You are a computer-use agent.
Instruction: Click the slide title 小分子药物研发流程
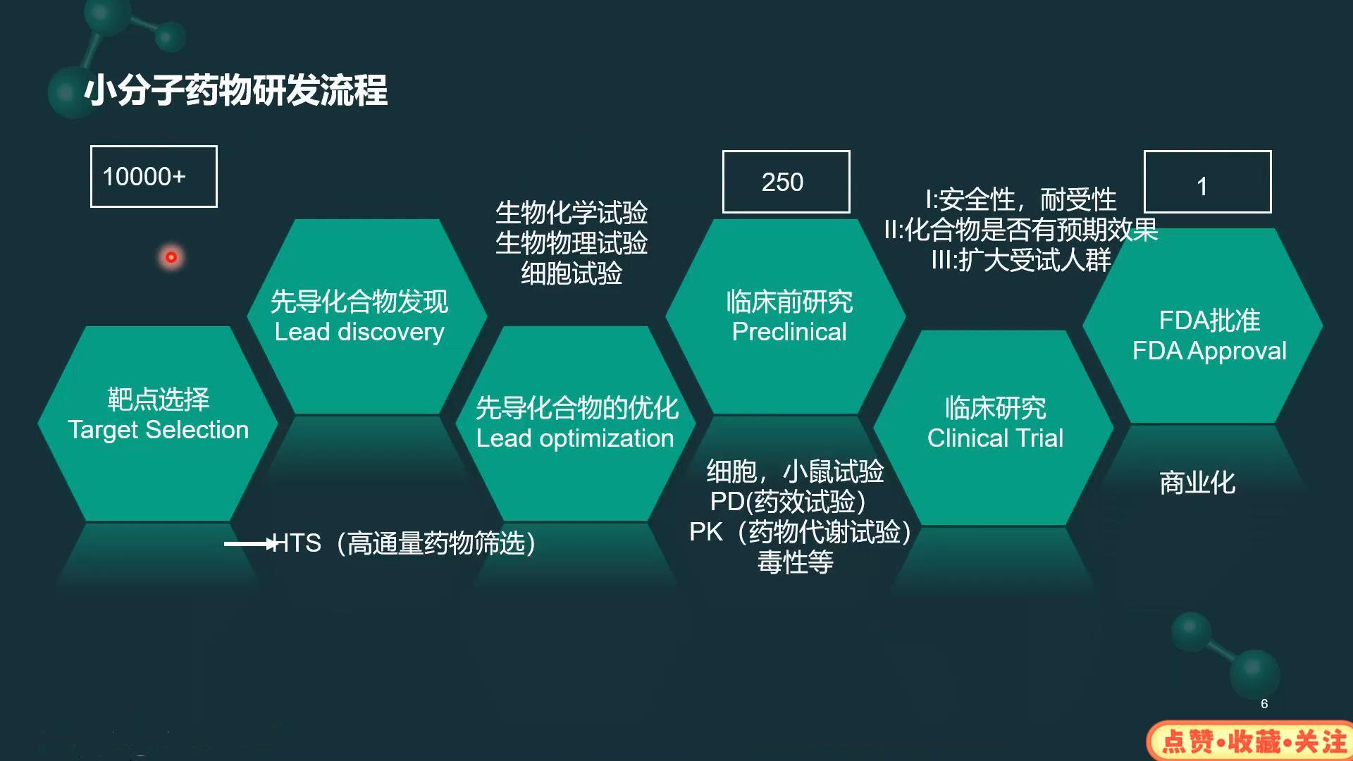pyautogui.click(x=235, y=91)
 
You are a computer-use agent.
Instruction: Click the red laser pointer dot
pyautogui.click(x=171, y=257)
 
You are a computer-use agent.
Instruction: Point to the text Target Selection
pyautogui.click(x=159, y=430)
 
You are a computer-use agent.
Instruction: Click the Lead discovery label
pyautogui.click(x=359, y=332)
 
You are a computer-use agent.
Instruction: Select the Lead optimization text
pyautogui.click(x=575, y=438)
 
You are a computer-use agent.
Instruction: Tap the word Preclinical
pyautogui.click(x=789, y=332)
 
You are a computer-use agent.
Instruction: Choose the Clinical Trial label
pyautogui.click(x=995, y=438)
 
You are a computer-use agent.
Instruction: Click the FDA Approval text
pyautogui.click(x=1209, y=351)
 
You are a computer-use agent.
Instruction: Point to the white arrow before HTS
pyautogui.click(x=251, y=544)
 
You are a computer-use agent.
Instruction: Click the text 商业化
pyautogui.click(x=1197, y=483)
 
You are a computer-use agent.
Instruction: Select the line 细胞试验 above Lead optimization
pyautogui.click(x=572, y=273)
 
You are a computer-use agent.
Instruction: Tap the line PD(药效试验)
pyautogui.click(x=788, y=502)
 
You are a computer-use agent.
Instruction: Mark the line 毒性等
pyautogui.click(x=796, y=562)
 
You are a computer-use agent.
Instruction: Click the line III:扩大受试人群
pyautogui.click(x=1020, y=260)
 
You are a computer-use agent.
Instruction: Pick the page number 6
pyautogui.click(x=1264, y=704)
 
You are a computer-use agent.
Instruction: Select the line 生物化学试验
pyautogui.click(x=572, y=212)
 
